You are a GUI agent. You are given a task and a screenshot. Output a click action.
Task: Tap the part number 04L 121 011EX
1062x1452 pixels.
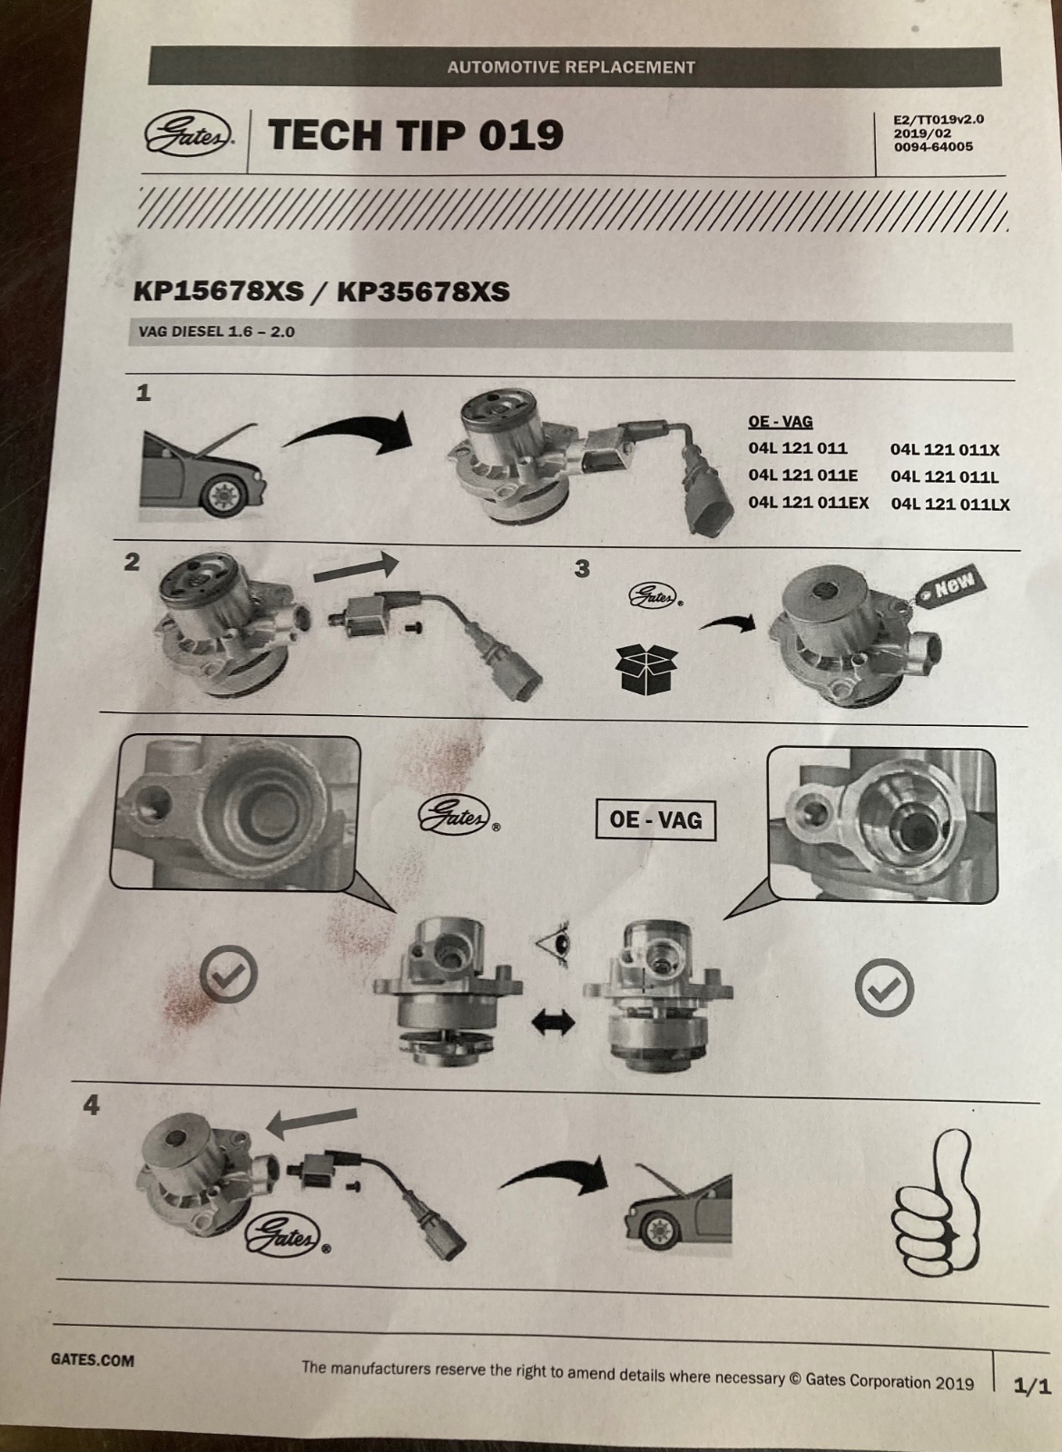(809, 503)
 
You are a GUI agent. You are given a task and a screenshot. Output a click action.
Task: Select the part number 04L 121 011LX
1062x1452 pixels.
(949, 504)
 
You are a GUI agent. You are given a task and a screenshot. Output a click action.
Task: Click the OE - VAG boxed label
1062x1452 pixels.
(655, 820)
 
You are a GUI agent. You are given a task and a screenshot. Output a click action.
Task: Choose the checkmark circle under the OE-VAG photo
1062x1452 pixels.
(884, 988)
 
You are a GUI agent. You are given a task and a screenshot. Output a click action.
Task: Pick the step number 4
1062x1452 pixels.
(92, 1105)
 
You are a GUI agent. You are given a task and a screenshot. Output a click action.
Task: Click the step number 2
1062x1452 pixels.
(132, 562)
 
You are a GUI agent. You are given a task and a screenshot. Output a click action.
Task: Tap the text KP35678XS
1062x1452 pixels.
(423, 292)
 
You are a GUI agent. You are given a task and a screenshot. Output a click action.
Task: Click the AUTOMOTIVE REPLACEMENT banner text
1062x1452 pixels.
(571, 67)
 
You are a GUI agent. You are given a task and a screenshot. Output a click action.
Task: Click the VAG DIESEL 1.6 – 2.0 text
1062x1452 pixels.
(217, 332)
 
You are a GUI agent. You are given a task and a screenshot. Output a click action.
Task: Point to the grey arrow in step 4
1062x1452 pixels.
(312, 1124)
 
